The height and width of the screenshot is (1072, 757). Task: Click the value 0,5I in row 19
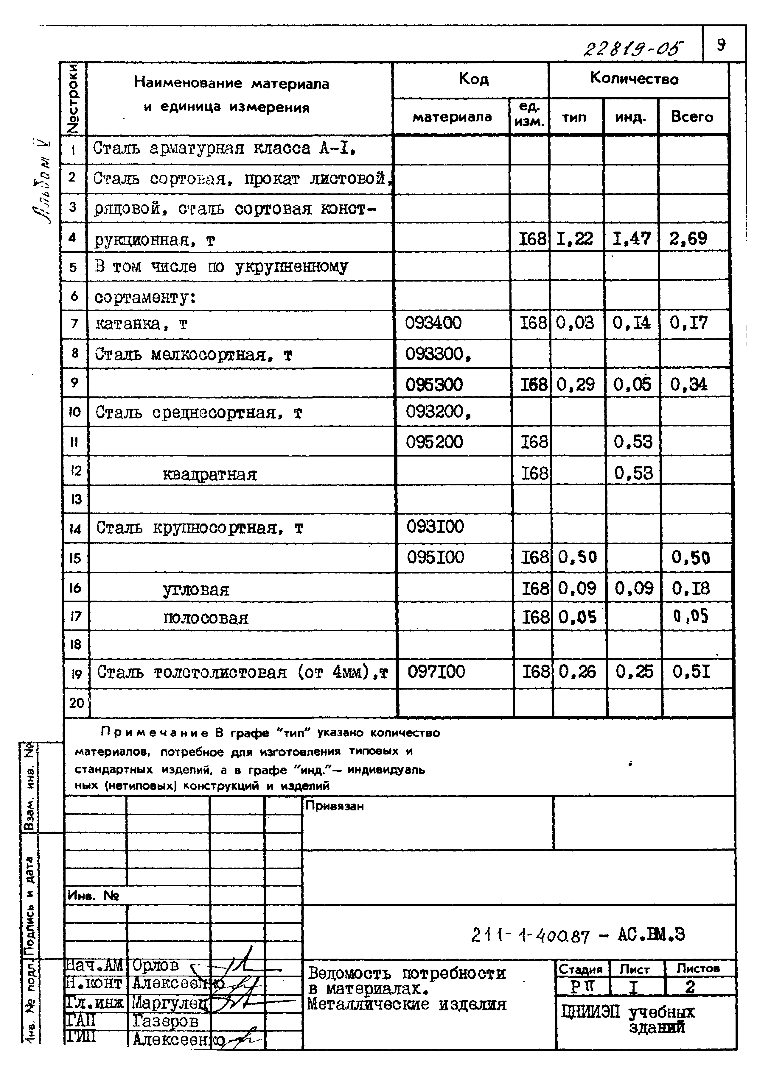click(x=691, y=672)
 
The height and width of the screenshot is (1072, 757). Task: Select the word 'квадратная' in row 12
click(x=210, y=474)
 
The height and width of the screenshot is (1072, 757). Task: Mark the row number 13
click(x=76, y=500)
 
